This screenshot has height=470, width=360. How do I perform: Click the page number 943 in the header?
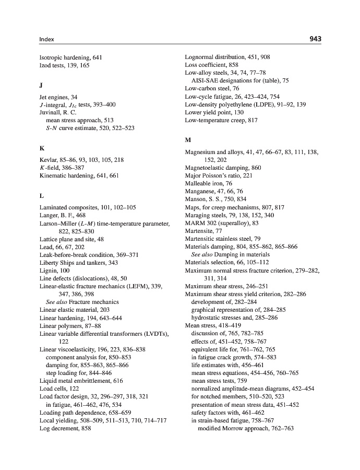click(315, 39)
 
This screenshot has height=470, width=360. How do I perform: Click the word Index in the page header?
click(47, 40)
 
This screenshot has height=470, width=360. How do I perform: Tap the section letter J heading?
click(41, 85)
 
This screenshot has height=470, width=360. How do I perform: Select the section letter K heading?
click(42, 148)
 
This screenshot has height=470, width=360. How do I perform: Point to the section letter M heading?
click(188, 140)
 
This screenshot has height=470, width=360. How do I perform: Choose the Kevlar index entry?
click(81, 160)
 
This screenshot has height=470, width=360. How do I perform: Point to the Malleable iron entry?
click(209, 184)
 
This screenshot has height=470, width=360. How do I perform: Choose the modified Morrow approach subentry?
click(246, 428)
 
